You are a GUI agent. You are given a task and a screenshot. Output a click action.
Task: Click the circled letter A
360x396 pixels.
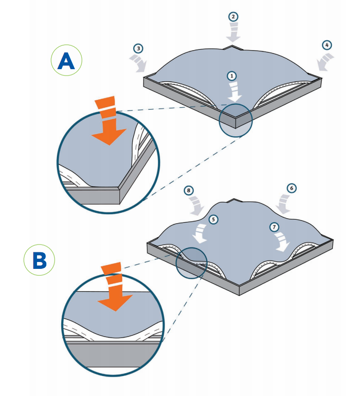[66, 61]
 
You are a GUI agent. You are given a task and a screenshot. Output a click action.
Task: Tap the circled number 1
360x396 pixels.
[232, 75]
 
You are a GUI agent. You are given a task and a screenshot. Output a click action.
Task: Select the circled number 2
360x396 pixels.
[234, 16]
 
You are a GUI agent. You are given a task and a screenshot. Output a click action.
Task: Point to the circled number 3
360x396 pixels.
[139, 48]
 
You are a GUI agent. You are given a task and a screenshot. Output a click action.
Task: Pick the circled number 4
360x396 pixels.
[326, 45]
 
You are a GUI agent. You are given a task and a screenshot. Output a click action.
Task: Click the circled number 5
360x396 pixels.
[213, 220]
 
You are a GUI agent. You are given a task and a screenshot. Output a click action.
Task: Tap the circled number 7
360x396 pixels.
[274, 227]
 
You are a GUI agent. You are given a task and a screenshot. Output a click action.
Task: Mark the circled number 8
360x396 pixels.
[189, 190]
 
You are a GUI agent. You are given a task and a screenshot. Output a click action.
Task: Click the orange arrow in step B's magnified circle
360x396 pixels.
[115, 288]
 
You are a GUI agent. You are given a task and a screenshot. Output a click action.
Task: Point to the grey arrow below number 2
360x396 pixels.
[234, 32]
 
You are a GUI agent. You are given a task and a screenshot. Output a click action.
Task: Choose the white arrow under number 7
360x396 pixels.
[282, 242]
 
